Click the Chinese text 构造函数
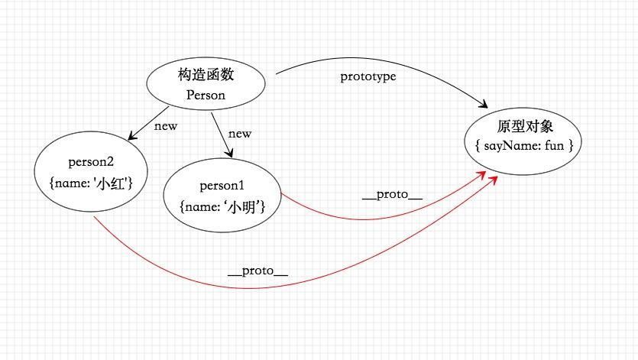click(x=206, y=75)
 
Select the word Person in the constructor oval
click(x=206, y=96)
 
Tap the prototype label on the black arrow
click(x=368, y=76)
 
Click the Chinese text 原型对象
click(x=525, y=126)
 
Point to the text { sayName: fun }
click(x=524, y=145)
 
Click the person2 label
click(x=91, y=162)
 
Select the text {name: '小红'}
click(x=91, y=183)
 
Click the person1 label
click(x=222, y=186)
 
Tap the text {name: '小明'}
click(x=222, y=207)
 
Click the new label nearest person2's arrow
click(x=166, y=126)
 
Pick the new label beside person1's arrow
click(x=240, y=134)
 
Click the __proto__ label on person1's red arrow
click(x=392, y=195)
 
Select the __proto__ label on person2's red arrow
click(x=258, y=271)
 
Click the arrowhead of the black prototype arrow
click(x=484, y=104)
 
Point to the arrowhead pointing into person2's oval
click(x=132, y=136)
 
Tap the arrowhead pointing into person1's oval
click(x=230, y=153)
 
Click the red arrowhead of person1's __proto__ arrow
click(x=481, y=175)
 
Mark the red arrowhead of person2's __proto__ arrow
click(x=493, y=180)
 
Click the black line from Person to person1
click(x=222, y=135)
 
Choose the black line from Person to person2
click(x=148, y=123)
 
